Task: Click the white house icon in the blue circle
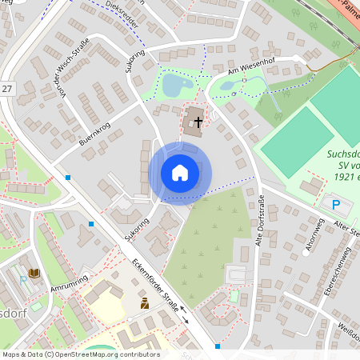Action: [180, 173]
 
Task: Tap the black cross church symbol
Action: [198, 121]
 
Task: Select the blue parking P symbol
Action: [335, 205]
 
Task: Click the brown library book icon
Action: [34, 274]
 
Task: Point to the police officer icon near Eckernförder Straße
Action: [145, 303]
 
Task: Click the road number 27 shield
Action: [7, 89]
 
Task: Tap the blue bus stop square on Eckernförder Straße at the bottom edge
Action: [217, 346]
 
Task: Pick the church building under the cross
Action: [194, 122]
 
